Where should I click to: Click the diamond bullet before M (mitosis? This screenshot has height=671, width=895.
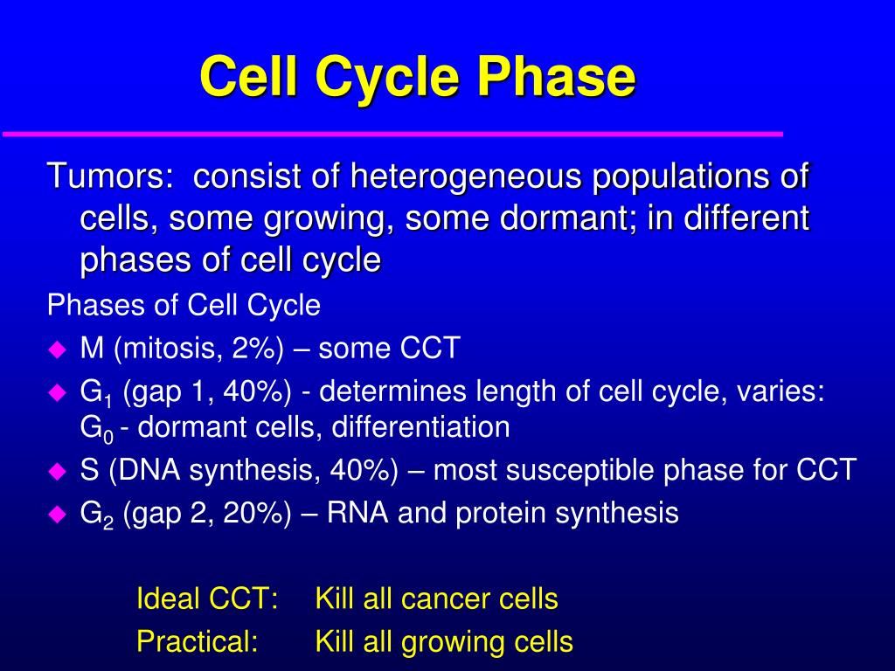(58, 349)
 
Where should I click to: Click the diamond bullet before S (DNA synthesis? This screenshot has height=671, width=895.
(58, 471)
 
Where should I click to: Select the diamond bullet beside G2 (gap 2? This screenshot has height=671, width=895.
(58, 514)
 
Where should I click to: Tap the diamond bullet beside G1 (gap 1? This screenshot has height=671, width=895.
(58, 393)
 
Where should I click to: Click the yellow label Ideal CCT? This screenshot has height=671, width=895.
(207, 599)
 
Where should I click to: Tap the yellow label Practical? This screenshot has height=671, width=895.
(198, 642)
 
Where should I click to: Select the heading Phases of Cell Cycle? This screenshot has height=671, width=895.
(184, 306)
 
